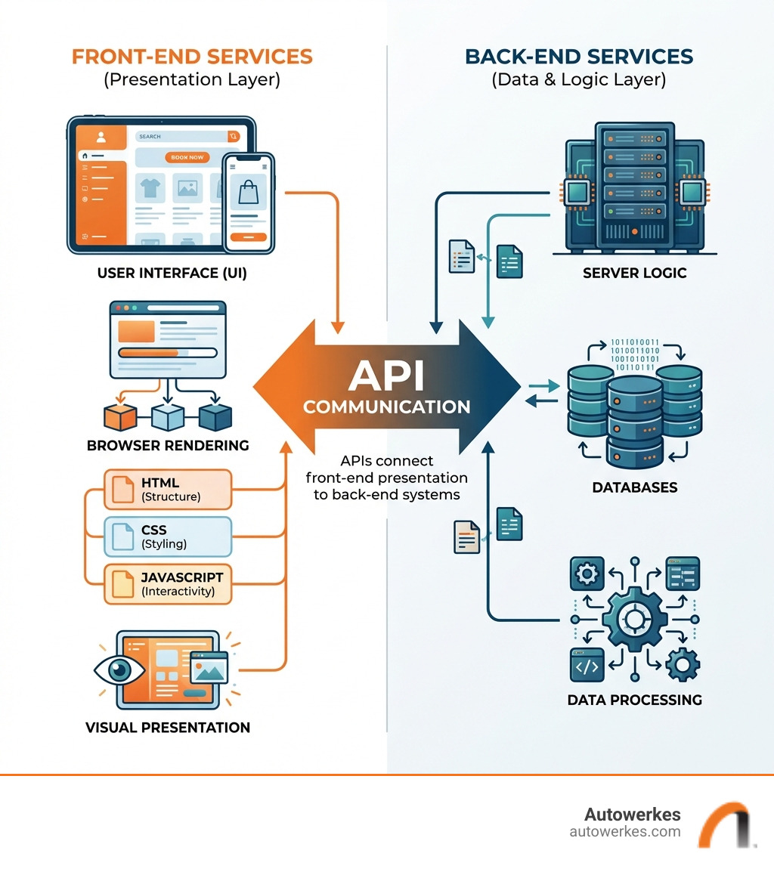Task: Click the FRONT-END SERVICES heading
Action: click(192, 57)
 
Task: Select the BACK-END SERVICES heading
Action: click(579, 57)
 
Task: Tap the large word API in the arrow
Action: click(386, 373)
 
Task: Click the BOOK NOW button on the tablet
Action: click(187, 157)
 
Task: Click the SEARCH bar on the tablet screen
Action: click(181, 137)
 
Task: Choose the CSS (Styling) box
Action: click(167, 536)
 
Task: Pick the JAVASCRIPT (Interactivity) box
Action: click(167, 583)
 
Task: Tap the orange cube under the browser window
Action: click(120, 417)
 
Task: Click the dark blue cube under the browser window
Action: click(215, 417)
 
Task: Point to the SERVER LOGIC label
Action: click(634, 273)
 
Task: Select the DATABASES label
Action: click(634, 487)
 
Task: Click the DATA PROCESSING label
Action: click(634, 700)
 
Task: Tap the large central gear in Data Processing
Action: click(633, 620)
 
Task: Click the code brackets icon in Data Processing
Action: click(587, 666)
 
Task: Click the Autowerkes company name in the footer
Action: click(632, 815)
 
